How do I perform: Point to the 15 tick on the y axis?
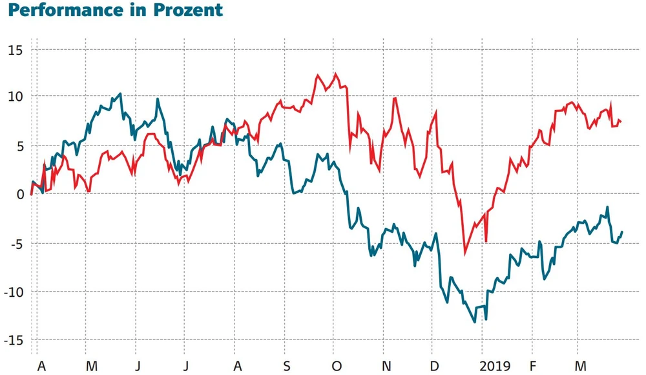pyautogui.click(x=15, y=49)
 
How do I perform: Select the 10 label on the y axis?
pyautogui.click(x=15, y=97)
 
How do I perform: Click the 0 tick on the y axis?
pyautogui.click(x=19, y=195)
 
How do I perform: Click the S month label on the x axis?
pyautogui.click(x=286, y=367)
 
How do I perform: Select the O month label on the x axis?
pyautogui.click(x=336, y=367)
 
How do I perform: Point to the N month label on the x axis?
pyautogui.click(x=386, y=367)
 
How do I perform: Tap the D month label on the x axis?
pyautogui.click(x=434, y=367)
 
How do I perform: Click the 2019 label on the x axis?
pyautogui.click(x=495, y=367)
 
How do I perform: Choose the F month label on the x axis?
pyautogui.click(x=532, y=367)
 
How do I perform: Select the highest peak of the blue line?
pyautogui.click(x=120, y=94)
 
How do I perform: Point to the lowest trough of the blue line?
pyautogui.click(x=475, y=322)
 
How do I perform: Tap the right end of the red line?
pyautogui.click(x=621, y=122)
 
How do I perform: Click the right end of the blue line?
pyautogui.click(x=622, y=231)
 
